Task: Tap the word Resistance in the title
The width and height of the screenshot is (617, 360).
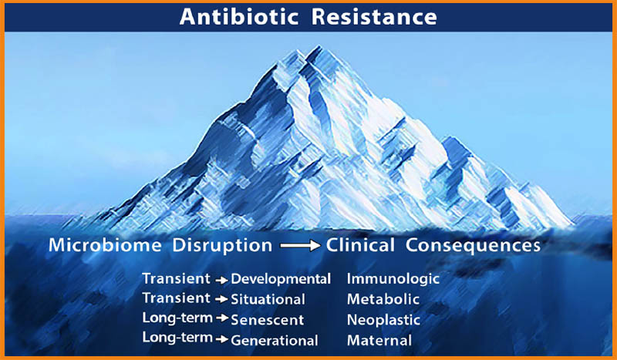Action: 374,17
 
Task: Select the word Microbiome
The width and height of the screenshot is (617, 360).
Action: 105,245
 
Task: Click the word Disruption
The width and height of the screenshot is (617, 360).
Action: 222,246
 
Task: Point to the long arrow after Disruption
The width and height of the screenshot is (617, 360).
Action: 300,246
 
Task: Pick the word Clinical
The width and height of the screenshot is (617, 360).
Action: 360,245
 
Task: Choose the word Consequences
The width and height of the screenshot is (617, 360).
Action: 473,246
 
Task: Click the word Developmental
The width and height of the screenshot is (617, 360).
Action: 281,279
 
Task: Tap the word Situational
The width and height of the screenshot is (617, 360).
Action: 268,299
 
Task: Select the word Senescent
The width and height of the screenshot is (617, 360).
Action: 267,320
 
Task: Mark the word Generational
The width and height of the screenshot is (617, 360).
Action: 275,340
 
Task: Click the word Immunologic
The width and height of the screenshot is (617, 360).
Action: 393,279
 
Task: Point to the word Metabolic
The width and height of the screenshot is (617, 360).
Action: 383,299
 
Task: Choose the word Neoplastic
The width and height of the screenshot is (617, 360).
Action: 383,320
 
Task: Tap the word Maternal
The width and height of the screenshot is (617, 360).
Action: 379,340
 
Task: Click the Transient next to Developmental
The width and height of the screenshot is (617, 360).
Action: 177,278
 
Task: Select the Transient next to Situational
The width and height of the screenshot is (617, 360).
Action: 177,298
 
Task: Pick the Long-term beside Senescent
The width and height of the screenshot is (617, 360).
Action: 177,318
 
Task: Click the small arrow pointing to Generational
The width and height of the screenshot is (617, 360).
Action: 222,338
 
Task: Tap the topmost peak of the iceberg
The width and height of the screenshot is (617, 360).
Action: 318,46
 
